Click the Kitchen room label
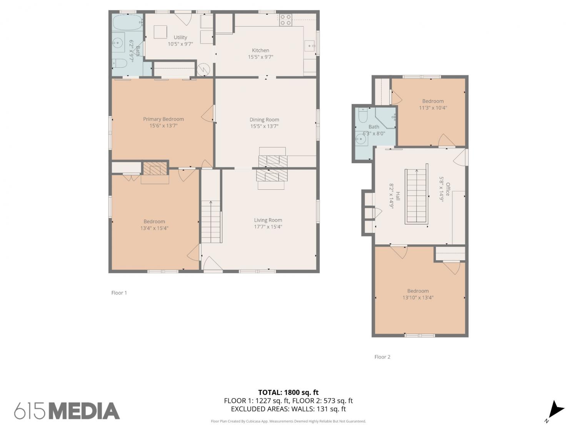tap(260, 50)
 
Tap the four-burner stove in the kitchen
tap(285, 20)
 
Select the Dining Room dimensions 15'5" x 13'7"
tap(264, 126)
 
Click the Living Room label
tap(268, 220)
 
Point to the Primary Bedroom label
tap(163, 119)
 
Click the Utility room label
tap(180, 37)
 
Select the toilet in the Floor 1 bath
tap(120, 63)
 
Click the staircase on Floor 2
tap(416, 196)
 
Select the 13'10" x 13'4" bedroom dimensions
tap(418, 298)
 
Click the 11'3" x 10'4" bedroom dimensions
tap(433, 107)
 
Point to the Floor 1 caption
tap(119, 293)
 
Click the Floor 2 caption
tap(382, 357)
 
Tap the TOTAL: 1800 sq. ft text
tap(288, 392)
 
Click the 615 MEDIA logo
tap(67, 411)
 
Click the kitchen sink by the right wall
tap(310, 46)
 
